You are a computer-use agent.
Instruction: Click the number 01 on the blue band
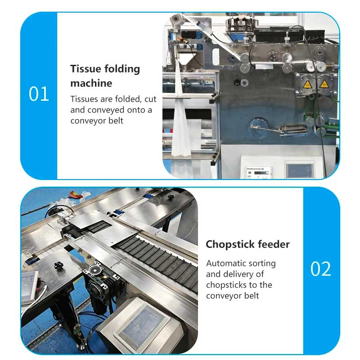tap(39, 94)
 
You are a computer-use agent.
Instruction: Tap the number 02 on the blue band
tap(320, 269)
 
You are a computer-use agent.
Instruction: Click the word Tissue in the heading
tap(85, 69)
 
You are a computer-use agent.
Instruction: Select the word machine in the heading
tap(91, 83)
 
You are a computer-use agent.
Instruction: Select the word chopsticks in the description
tap(226, 285)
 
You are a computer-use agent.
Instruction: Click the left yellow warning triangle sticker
tap(307, 85)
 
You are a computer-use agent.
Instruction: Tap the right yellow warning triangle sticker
tap(324, 84)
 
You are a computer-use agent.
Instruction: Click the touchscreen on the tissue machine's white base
tap(300, 171)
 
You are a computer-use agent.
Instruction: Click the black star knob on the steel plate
tap(58, 266)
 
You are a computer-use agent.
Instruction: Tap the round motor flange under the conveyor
tap(94, 270)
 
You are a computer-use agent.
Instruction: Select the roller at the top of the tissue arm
tap(177, 18)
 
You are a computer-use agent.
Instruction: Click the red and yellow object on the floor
tap(76, 195)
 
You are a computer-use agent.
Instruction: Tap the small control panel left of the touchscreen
tap(258, 172)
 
